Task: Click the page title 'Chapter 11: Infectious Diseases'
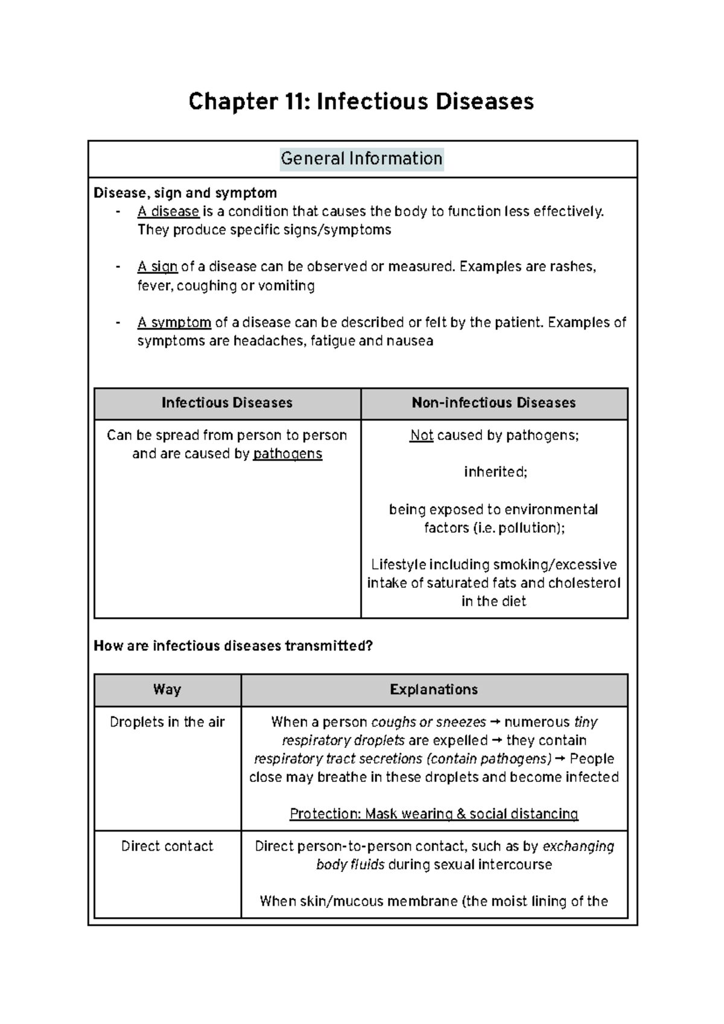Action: pos(361,101)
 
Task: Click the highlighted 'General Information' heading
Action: pos(361,159)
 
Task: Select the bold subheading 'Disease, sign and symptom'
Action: pos(185,193)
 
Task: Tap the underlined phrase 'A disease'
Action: pos(168,212)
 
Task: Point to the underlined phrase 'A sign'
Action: pos(157,267)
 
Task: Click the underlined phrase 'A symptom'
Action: pos(174,322)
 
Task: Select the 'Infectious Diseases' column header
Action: pos(227,403)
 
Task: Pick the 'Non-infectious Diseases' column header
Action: pos(494,403)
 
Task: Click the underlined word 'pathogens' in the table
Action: pos(288,454)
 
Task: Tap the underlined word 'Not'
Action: pos(422,436)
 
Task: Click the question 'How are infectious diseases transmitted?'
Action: pos(233,646)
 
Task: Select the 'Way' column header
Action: pos(167,690)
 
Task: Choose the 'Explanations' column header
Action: pos(434,690)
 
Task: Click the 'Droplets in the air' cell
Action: pos(167,722)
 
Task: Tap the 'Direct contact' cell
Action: pos(167,847)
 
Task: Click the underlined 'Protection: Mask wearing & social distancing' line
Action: pos(434,814)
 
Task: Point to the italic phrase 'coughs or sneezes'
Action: pos(428,722)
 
